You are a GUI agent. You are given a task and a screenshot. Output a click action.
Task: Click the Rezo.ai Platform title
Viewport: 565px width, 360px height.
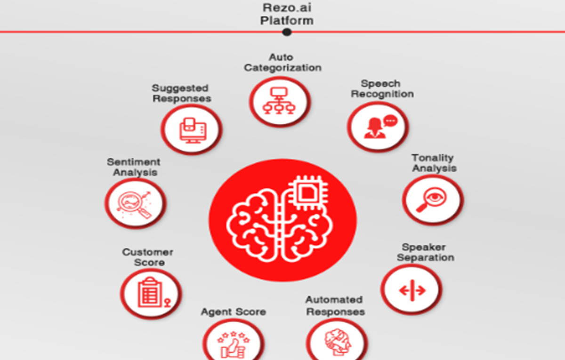pyautogui.click(x=287, y=14)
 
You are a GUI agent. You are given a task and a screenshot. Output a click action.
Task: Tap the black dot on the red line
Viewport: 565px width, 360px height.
pyautogui.click(x=287, y=32)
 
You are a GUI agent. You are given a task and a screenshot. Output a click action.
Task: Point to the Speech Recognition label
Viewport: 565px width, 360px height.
pyautogui.click(x=382, y=89)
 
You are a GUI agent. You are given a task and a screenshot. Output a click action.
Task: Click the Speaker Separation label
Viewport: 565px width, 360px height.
pyautogui.click(x=425, y=252)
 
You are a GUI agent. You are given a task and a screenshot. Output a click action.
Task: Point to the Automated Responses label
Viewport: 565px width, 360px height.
pyautogui.click(x=335, y=305)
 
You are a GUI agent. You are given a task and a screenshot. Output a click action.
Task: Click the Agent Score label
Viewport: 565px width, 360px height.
pyautogui.click(x=234, y=312)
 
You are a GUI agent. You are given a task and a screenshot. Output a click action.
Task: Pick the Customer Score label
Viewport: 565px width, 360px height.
pyautogui.click(x=148, y=257)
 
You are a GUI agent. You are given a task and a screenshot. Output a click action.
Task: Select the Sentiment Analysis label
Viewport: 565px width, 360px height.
pyautogui.click(x=134, y=167)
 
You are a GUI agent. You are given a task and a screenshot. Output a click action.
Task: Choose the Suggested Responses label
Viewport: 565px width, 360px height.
pyautogui.click(x=181, y=93)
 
